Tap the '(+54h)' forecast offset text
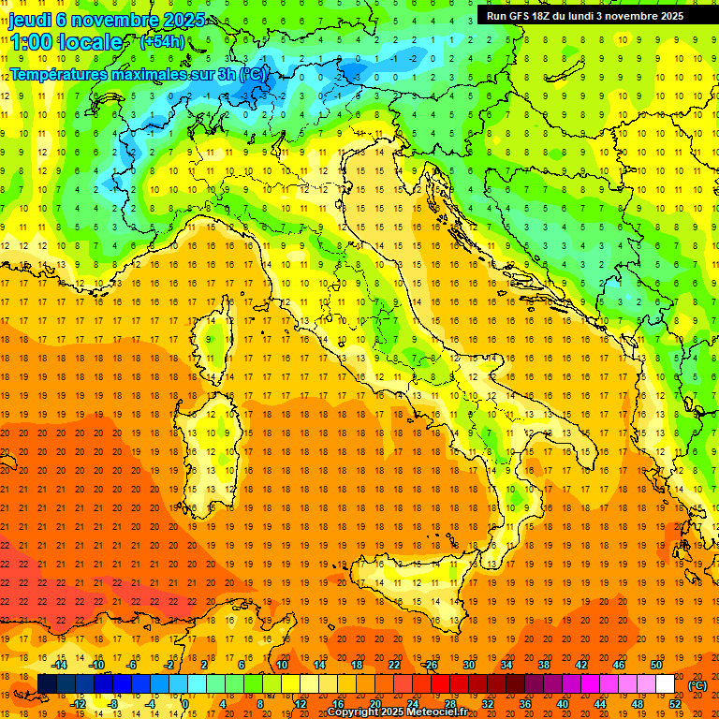[x=162, y=41]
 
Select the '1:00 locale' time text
[x=66, y=42]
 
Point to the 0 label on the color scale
[x=185, y=704]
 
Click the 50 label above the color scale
[x=655, y=664]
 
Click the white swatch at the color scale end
[x=665, y=683]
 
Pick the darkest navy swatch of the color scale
[x=47, y=683]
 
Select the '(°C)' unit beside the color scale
[x=697, y=684]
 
